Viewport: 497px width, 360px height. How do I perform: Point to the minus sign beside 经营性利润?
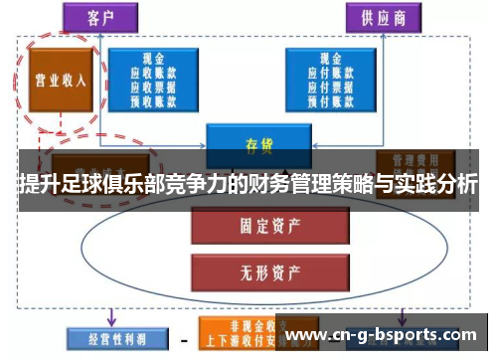click(183, 340)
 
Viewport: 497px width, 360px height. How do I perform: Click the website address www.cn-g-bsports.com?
click(383, 334)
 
